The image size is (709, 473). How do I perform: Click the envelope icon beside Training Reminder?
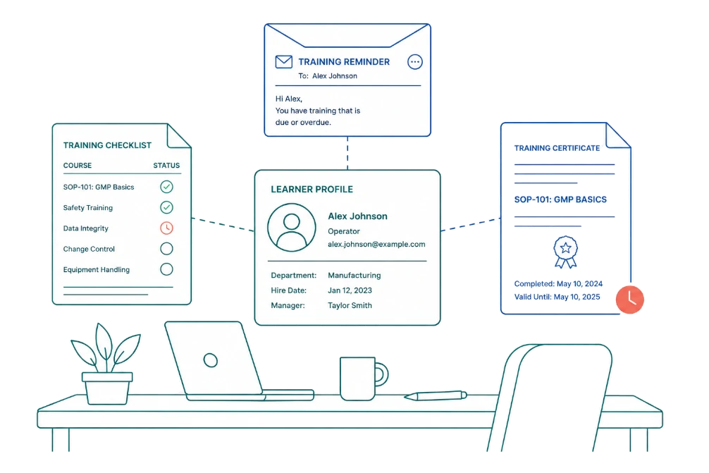(283, 61)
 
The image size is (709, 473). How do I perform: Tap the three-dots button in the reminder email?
(414, 61)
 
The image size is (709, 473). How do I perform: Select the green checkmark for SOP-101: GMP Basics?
(166, 187)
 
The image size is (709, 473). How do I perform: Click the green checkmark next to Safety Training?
(166, 207)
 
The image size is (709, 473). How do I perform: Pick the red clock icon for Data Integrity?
(166, 228)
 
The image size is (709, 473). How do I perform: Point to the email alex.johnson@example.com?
(376, 244)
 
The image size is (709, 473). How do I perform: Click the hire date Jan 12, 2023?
(350, 290)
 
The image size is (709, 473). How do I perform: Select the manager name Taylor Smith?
(350, 305)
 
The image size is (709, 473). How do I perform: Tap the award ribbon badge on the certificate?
(565, 252)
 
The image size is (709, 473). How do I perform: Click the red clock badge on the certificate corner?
(629, 300)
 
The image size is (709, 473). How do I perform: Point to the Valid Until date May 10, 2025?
(577, 297)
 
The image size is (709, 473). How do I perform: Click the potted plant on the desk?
(106, 364)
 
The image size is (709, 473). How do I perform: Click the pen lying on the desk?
(435, 395)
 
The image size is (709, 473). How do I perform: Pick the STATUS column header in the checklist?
(166, 166)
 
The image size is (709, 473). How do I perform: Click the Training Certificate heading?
(557, 148)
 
